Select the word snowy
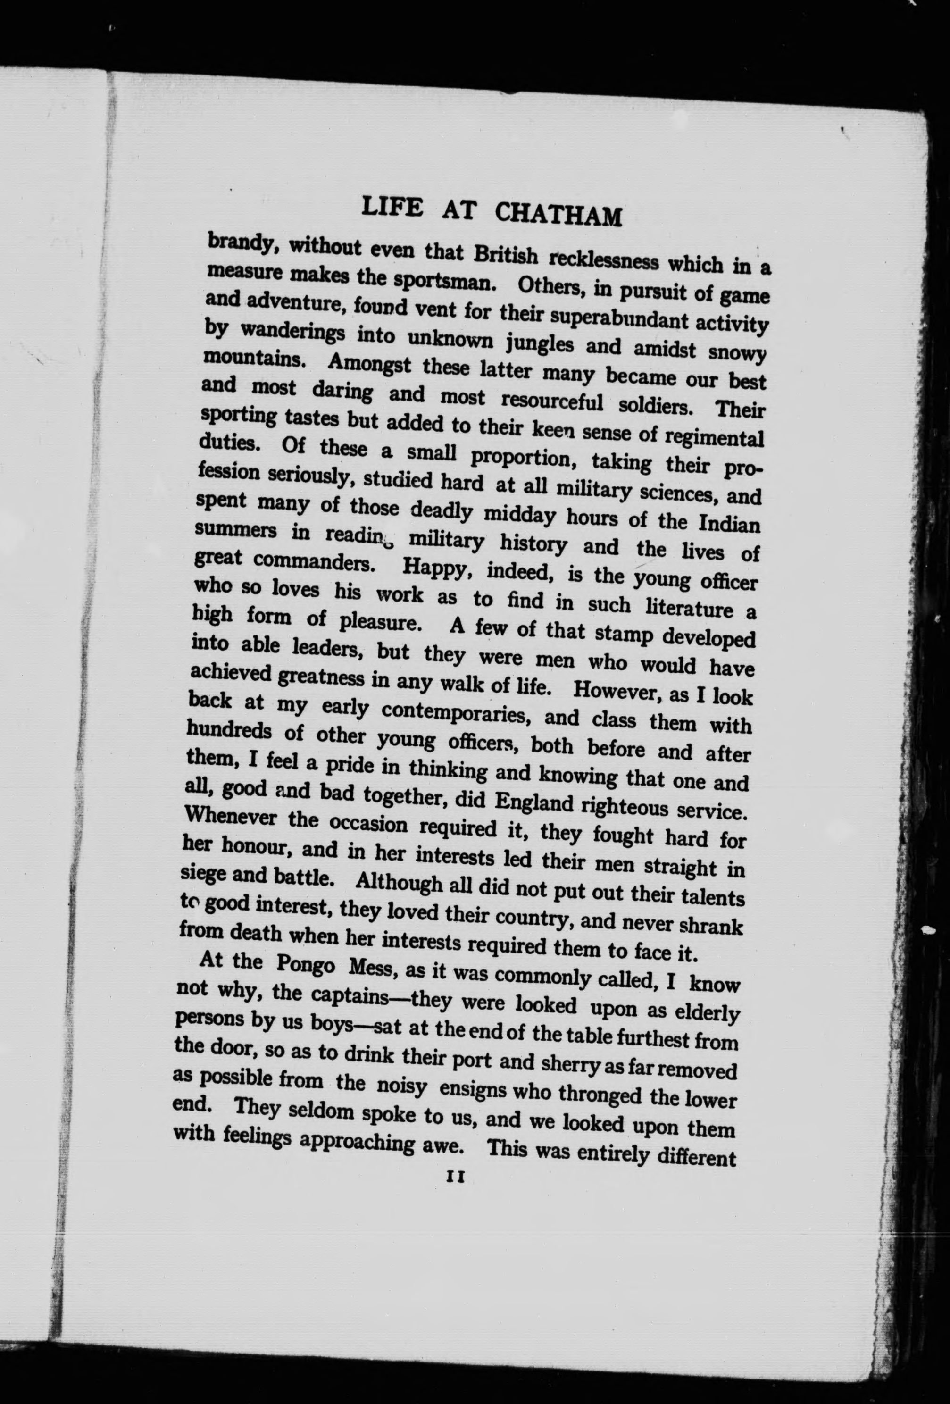pyautogui.click(x=737, y=353)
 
